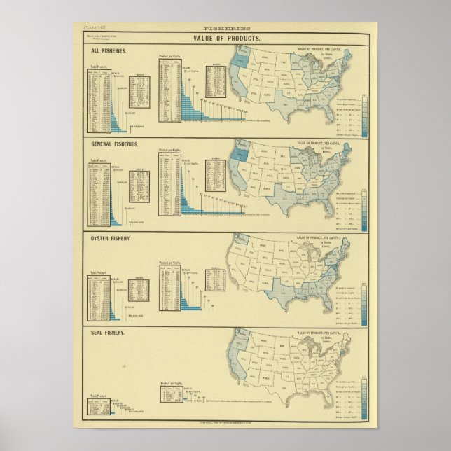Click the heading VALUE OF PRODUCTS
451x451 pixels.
click(225, 39)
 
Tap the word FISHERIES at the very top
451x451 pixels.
click(225, 29)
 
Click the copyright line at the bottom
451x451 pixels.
click(225, 423)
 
